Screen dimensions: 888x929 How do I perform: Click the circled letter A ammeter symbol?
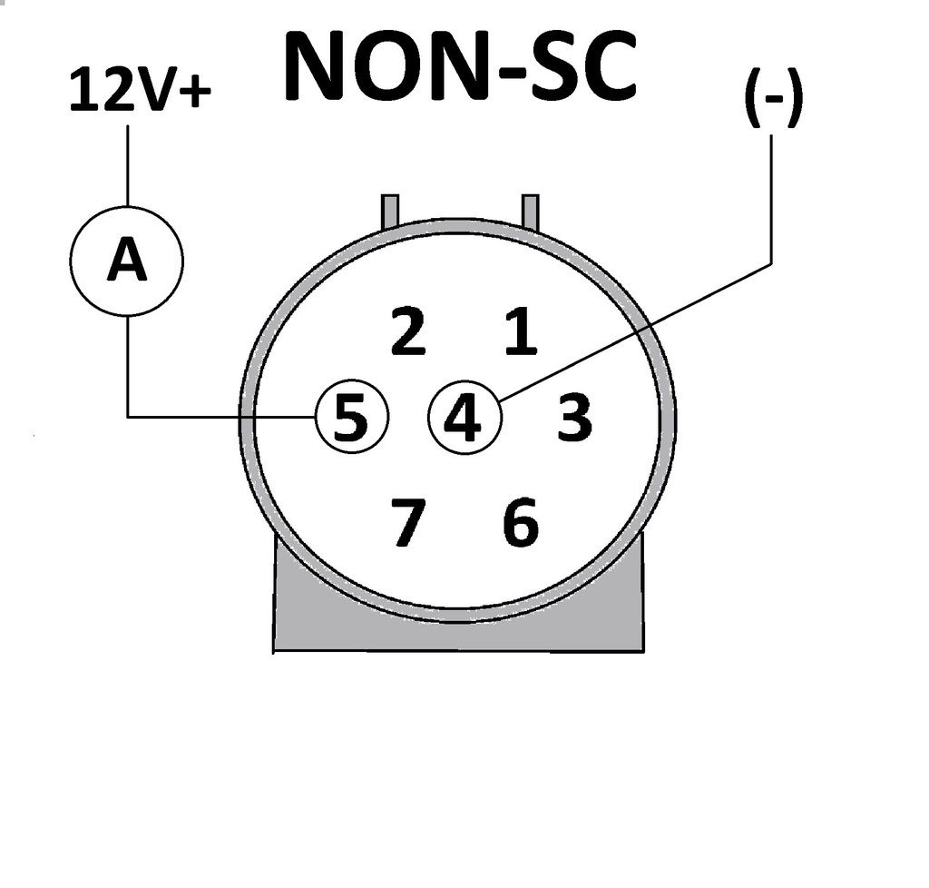127,261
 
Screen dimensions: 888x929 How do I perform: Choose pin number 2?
407,331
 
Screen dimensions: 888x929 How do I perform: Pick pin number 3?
573,419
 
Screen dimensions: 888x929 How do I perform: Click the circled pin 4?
464,419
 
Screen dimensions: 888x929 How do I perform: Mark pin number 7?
407,524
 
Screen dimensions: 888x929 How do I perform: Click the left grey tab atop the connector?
390,209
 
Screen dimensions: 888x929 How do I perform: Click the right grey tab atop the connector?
531,209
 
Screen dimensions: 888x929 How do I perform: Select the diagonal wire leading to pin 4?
635,331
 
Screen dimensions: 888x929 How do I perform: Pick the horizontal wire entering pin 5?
218,417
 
